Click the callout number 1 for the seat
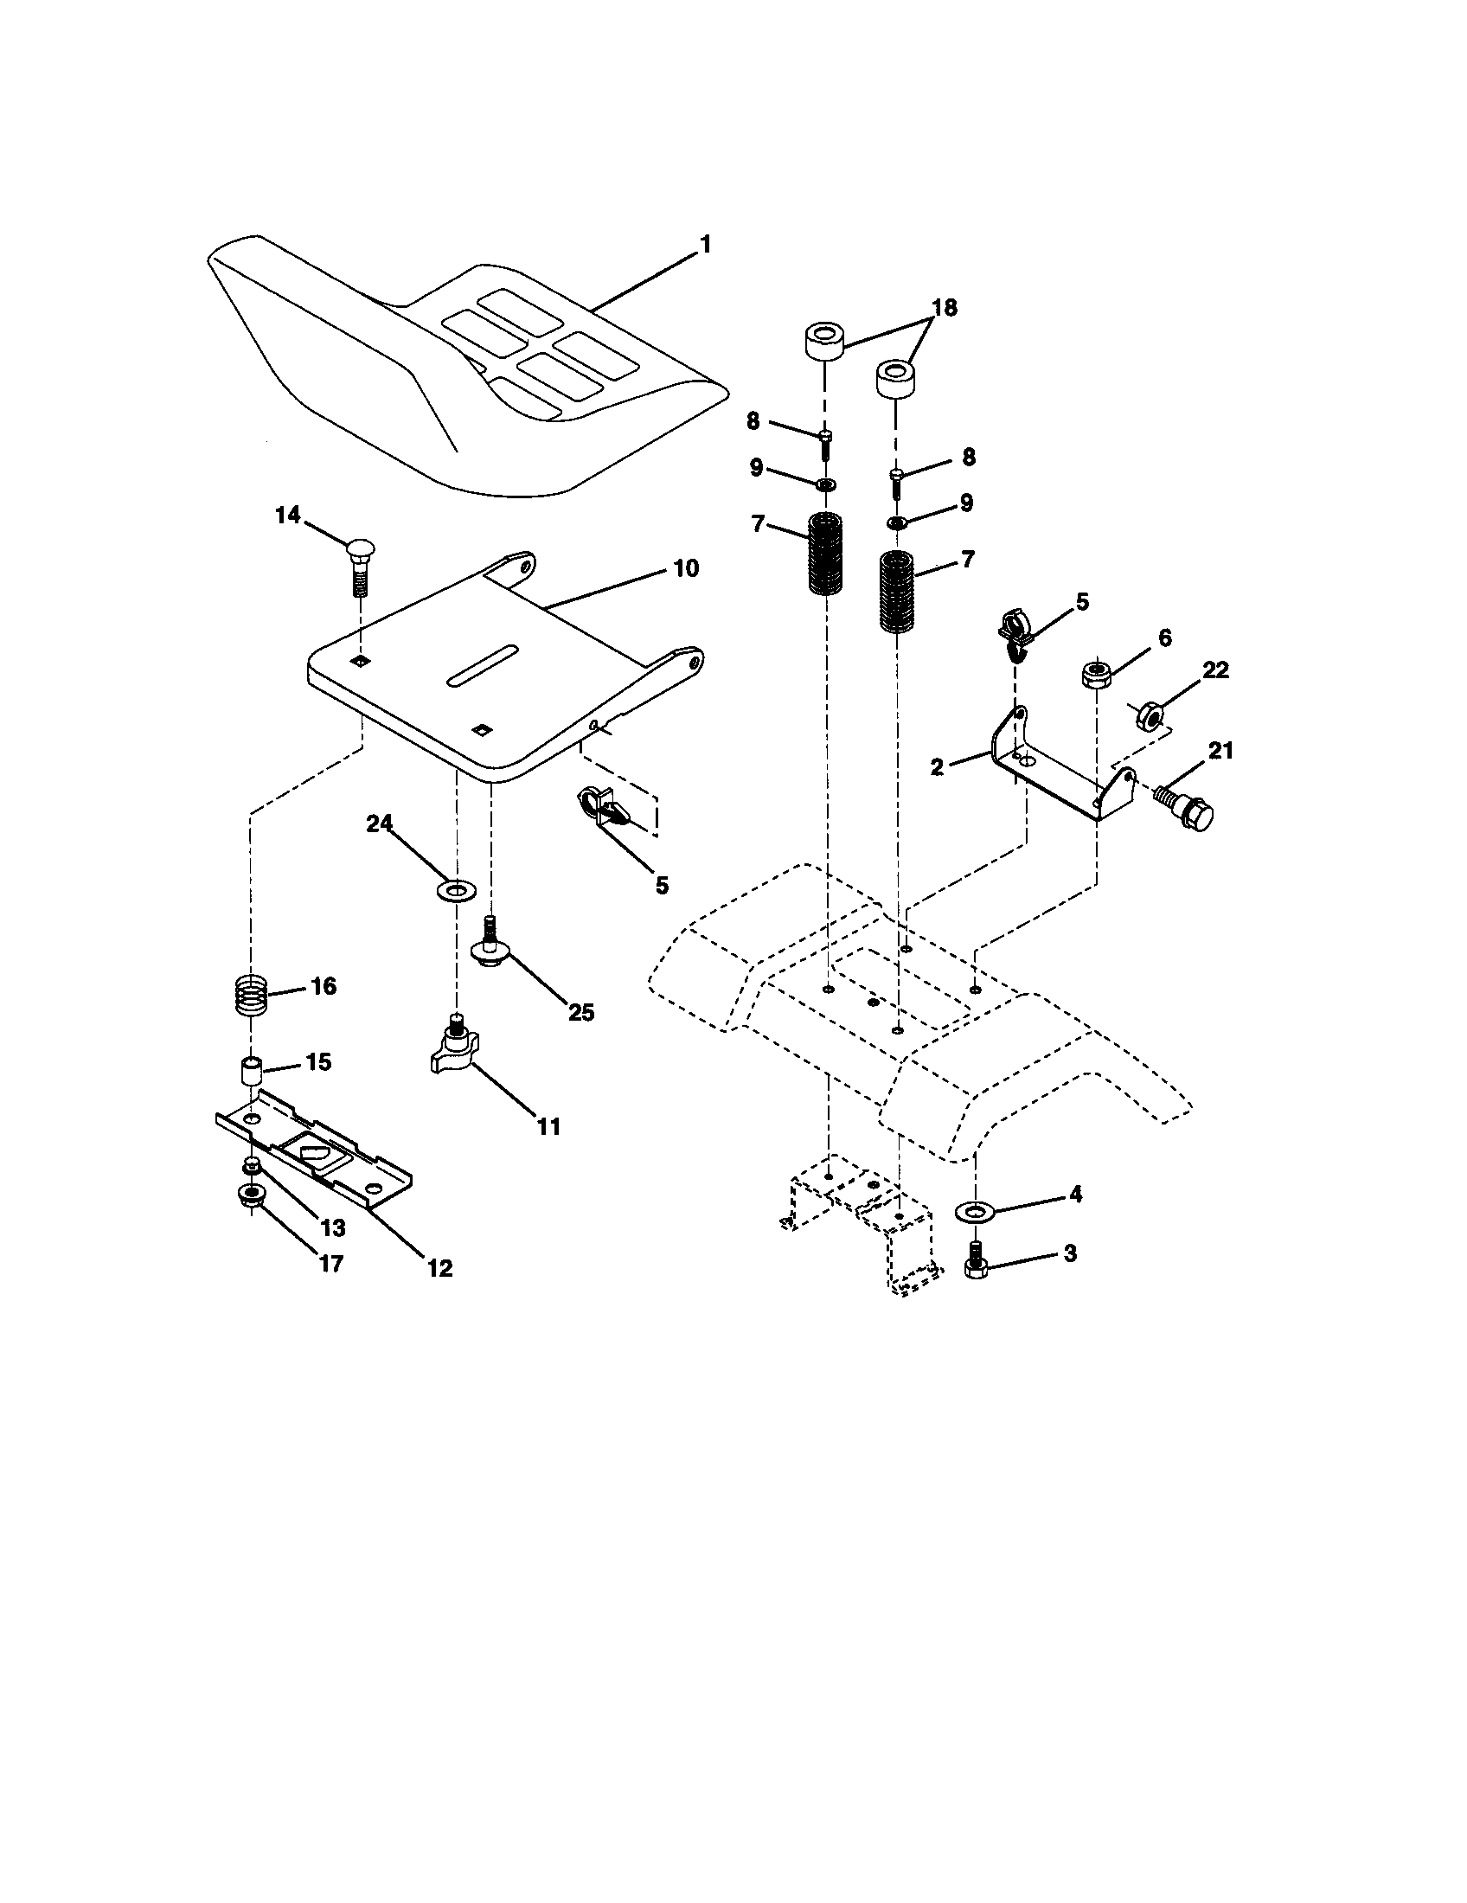706,245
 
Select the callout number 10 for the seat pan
686,569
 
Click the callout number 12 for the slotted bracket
440,1269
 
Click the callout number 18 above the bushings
944,308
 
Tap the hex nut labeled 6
1094,676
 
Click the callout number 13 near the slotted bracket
333,1227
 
